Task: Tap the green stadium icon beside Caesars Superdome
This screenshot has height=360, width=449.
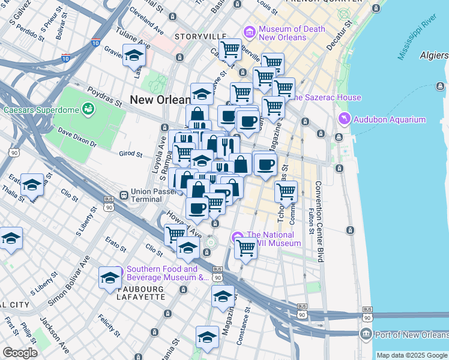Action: (x=89, y=109)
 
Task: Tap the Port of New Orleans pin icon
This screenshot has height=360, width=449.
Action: (x=365, y=334)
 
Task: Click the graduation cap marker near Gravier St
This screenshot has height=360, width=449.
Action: (x=134, y=56)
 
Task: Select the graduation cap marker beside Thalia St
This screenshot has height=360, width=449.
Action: (x=32, y=185)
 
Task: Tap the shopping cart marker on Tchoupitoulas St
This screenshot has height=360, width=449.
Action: (x=286, y=192)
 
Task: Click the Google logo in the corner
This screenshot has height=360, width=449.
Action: (x=20, y=353)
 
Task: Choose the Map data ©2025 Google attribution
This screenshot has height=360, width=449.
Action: (x=412, y=355)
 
